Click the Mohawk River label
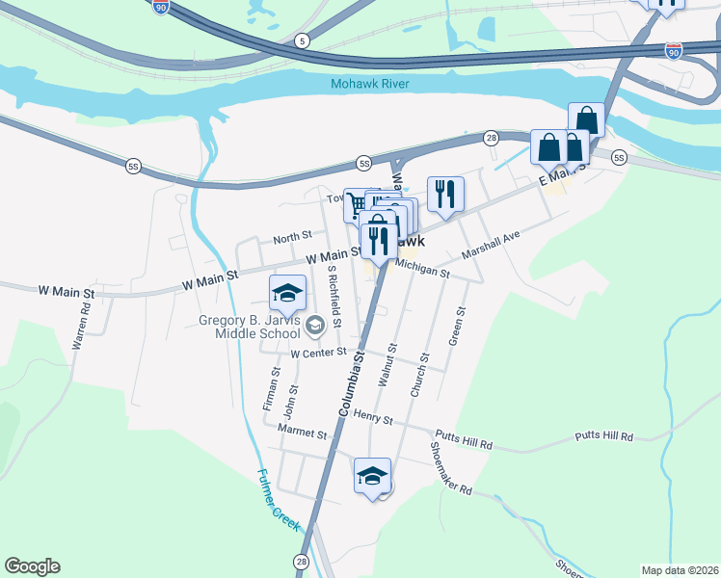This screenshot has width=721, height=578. tap(370, 84)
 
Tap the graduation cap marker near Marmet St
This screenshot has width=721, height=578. tap(373, 475)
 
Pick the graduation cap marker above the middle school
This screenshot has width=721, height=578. tap(286, 292)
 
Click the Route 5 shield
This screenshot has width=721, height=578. tap(304, 40)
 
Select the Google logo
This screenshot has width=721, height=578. tap(32, 566)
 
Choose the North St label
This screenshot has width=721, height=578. tap(292, 235)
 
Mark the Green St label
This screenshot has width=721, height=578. tap(457, 327)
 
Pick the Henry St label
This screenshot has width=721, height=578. tap(373, 419)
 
